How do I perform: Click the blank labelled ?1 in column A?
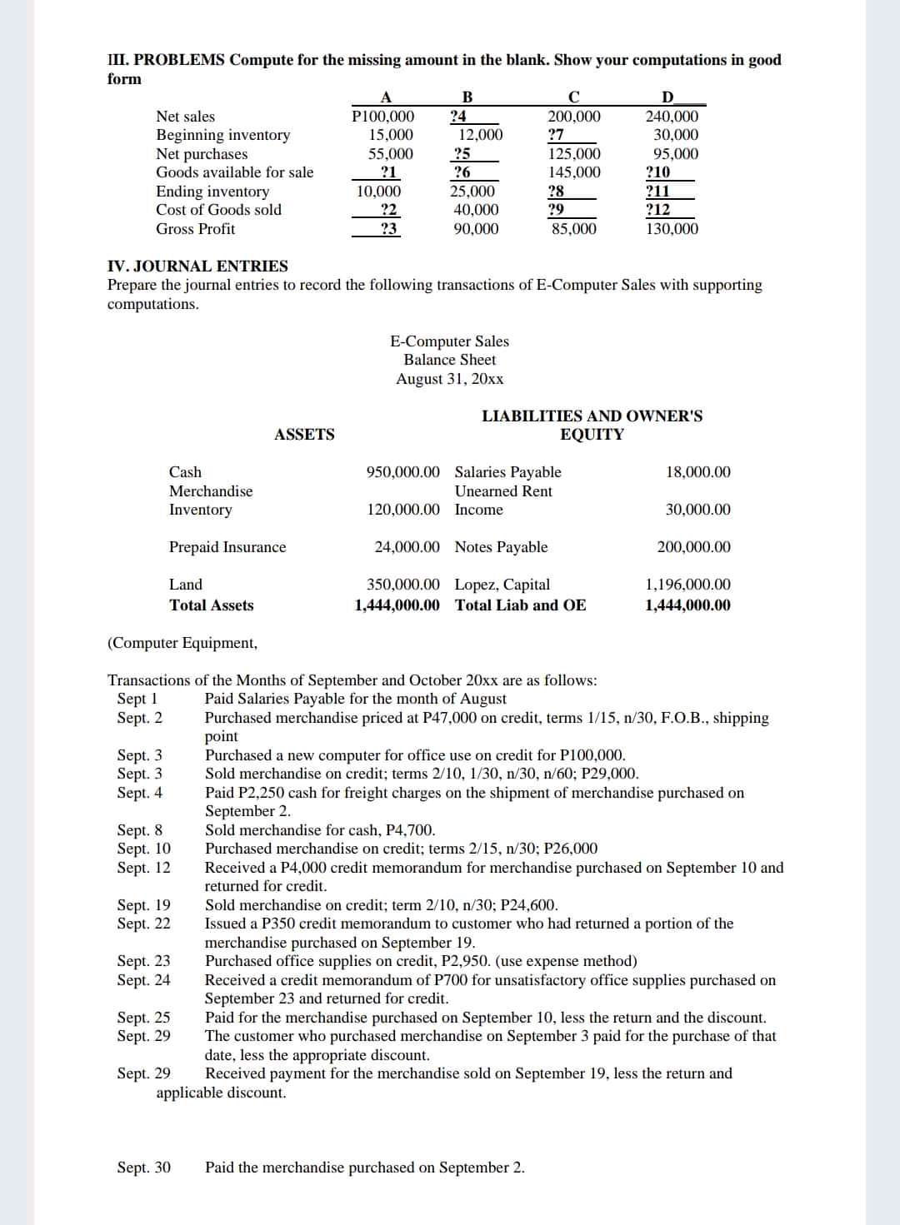point(387,172)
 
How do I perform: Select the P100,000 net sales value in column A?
point(383,117)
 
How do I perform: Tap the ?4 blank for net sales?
point(457,117)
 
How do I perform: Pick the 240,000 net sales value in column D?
point(672,117)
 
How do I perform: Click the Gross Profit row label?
point(196,229)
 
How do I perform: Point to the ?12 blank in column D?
point(658,210)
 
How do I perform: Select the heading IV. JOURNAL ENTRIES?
point(197,266)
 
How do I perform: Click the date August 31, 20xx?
point(450,379)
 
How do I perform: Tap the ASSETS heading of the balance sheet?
point(304,434)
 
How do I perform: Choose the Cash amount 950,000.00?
point(403,472)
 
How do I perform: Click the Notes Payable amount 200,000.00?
point(693,547)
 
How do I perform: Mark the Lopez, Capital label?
point(502,585)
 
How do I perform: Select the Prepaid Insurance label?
point(227,547)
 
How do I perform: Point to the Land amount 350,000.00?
point(403,585)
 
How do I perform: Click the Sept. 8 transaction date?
point(140,830)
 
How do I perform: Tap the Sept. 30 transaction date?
point(144,1168)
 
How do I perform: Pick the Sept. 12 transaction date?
point(144,868)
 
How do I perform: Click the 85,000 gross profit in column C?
point(574,229)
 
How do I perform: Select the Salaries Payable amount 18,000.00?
point(698,472)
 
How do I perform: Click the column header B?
point(467,97)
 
